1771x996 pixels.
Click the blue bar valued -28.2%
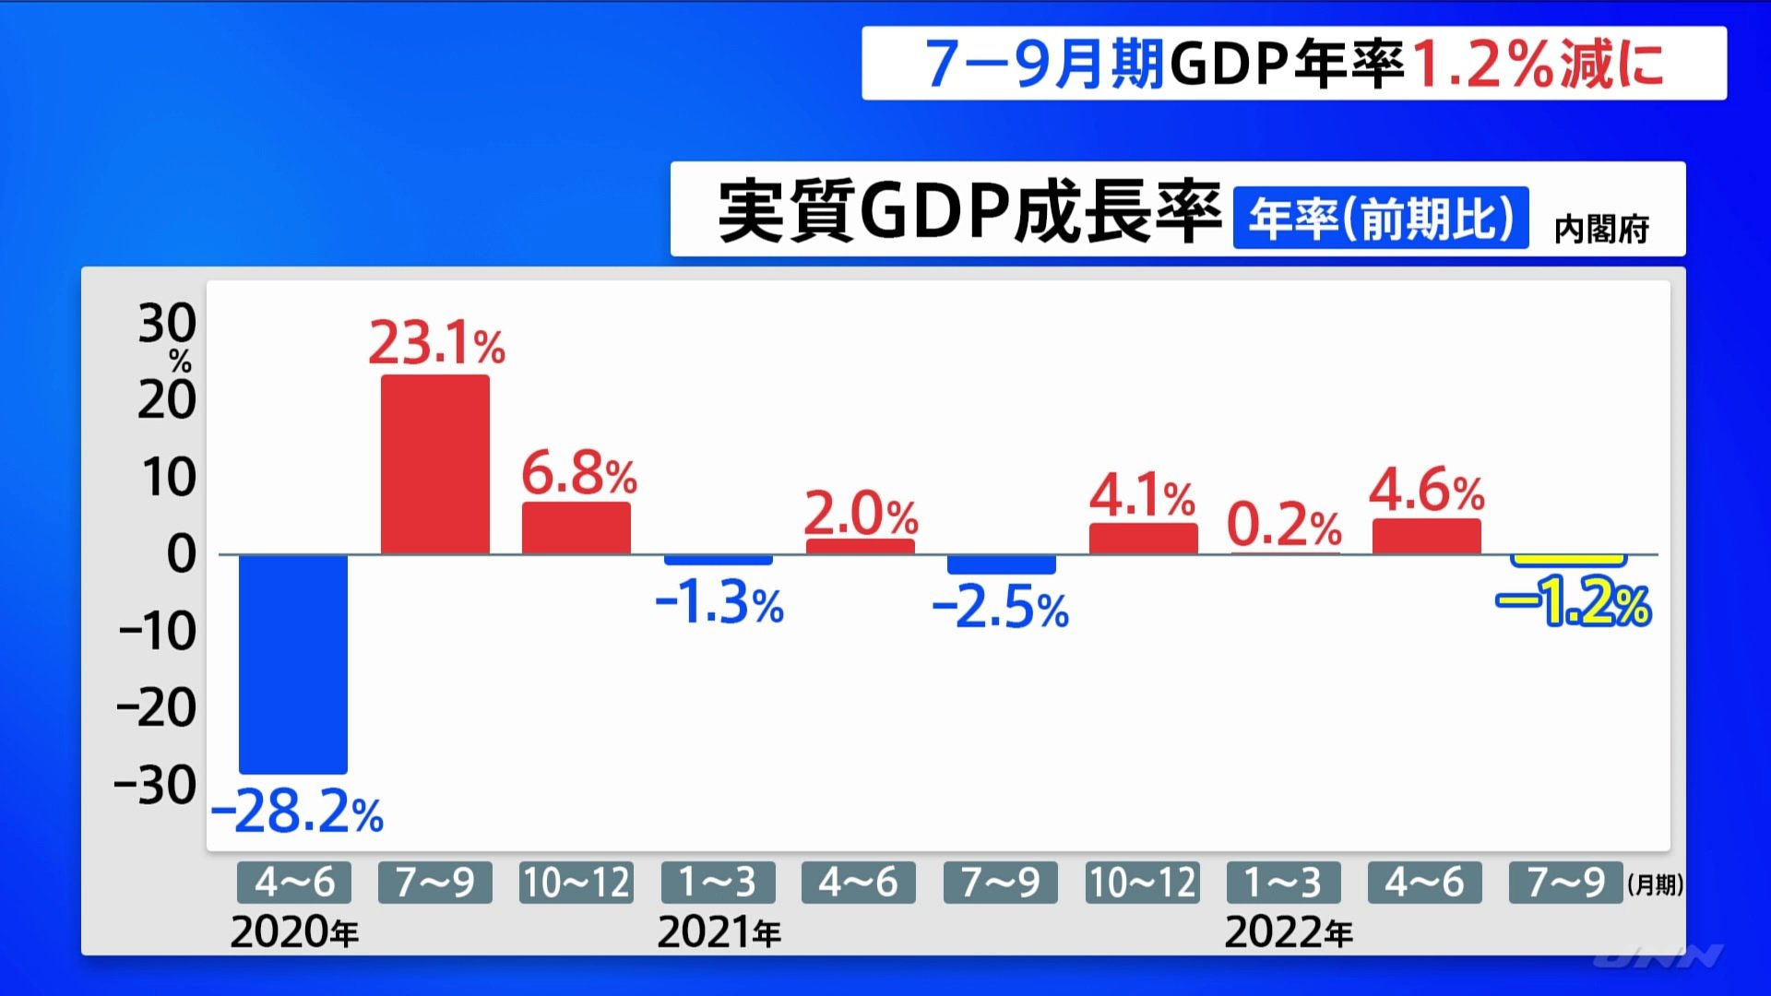pyautogui.click(x=293, y=664)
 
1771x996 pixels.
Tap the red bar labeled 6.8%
pyautogui.click(x=576, y=528)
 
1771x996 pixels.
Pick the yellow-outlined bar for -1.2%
pyautogui.click(x=1568, y=560)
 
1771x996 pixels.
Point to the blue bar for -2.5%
pyautogui.click(x=1002, y=564)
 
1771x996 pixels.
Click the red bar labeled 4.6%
pyautogui.click(x=1427, y=536)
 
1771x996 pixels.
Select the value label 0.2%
pyautogui.click(x=1283, y=526)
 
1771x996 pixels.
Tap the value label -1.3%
pyautogui.click(x=719, y=604)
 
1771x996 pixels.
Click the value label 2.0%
pyautogui.click(x=861, y=514)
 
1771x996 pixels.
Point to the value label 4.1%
pyautogui.click(x=1142, y=497)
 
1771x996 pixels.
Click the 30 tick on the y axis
pyautogui.click(x=167, y=324)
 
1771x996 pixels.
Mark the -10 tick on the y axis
pyautogui.click(x=158, y=632)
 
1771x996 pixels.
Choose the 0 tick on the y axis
pyautogui.click(x=181, y=554)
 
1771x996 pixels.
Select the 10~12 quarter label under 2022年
pyautogui.click(x=1143, y=883)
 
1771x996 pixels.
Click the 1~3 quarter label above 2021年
pyautogui.click(x=718, y=883)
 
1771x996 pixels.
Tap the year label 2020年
pyautogui.click(x=294, y=932)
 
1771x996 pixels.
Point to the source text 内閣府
pyautogui.click(x=1601, y=229)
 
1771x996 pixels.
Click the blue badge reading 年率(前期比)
pyautogui.click(x=1381, y=219)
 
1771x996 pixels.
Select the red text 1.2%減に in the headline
pyautogui.click(x=1538, y=64)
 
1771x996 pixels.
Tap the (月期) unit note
pyautogui.click(x=1655, y=885)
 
